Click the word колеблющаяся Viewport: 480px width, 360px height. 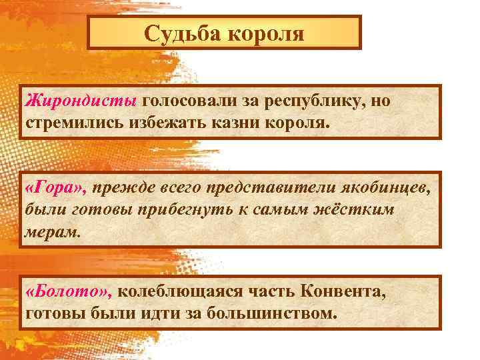(193, 291)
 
